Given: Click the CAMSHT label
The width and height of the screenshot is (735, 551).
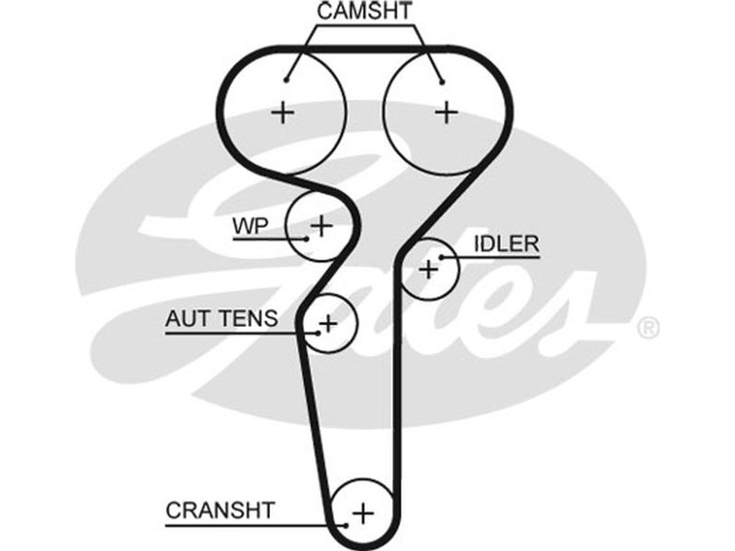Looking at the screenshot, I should [365, 12].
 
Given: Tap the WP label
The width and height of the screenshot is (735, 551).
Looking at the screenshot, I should [249, 225].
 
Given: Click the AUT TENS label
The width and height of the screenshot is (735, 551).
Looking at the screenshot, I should [220, 320].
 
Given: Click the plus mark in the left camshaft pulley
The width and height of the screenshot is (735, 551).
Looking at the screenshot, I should [284, 112].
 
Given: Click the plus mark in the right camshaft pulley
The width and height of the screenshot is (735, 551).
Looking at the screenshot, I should [447, 112].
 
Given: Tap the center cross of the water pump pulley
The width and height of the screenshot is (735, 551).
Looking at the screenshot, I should [321, 224].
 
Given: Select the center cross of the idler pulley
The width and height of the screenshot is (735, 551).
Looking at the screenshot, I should [428, 269].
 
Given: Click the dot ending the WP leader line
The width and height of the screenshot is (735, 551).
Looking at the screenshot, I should [304, 240].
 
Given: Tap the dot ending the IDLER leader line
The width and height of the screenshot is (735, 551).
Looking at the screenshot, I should [442, 258].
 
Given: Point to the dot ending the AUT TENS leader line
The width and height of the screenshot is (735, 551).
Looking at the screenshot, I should [318, 333].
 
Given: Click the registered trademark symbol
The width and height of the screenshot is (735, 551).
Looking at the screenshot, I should [648, 327].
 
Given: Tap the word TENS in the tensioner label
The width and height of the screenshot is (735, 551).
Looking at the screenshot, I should [244, 320].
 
